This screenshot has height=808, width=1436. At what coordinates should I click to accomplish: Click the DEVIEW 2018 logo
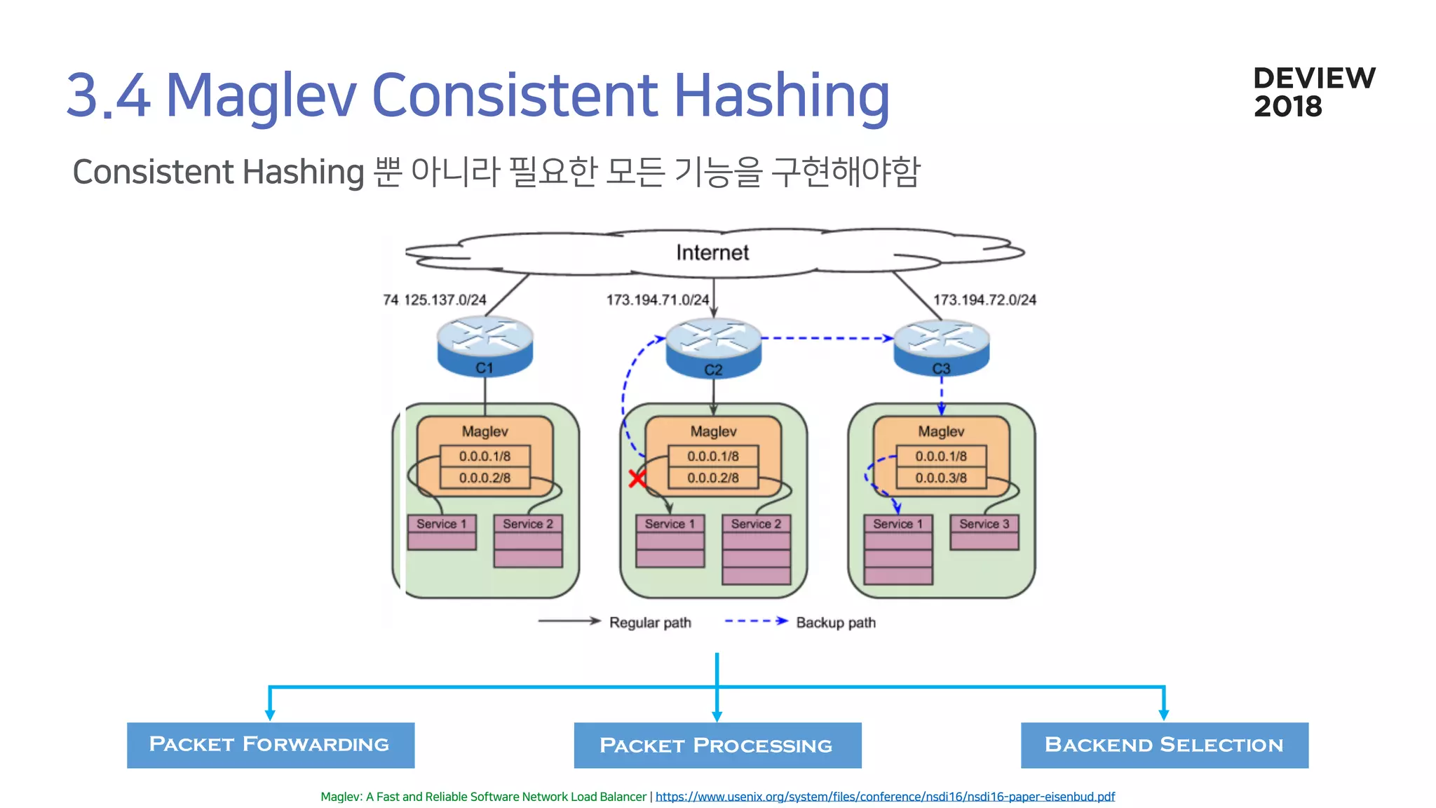click(x=1313, y=92)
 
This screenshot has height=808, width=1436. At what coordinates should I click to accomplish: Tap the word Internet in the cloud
click(x=712, y=252)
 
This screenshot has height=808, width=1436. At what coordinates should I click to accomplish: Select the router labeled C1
click(x=485, y=346)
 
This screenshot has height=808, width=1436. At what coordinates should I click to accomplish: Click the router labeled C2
click(x=713, y=349)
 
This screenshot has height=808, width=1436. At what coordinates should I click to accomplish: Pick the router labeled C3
click(x=941, y=348)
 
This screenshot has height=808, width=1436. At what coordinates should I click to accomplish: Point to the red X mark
click(x=637, y=478)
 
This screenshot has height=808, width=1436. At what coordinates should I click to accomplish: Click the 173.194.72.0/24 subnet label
click(x=984, y=299)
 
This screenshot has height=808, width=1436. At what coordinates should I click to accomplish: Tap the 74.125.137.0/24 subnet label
click(x=435, y=299)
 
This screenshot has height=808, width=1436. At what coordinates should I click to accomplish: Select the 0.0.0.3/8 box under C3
click(x=941, y=478)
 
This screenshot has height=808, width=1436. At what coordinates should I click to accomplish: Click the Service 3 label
click(x=984, y=524)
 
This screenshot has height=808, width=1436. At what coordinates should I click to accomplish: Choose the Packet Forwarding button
click(x=270, y=745)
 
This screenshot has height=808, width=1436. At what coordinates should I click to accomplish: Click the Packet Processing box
click(x=717, y=745)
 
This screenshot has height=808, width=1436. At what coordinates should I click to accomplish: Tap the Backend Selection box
click(x=1164, y=745)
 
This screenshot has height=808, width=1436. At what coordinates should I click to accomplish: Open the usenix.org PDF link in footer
click(x=885, y=797)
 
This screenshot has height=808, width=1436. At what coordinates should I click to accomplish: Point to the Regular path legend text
click(x=650, y=622)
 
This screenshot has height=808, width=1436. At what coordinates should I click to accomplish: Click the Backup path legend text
click(x=836, y=622)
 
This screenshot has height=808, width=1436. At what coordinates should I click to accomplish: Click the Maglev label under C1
click(x=485, y=431)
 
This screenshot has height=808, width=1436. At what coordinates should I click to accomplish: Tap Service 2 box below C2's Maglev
click(x=756, y=524)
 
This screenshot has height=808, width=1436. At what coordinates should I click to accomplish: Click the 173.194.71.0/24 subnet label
click(x=658, y=299)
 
